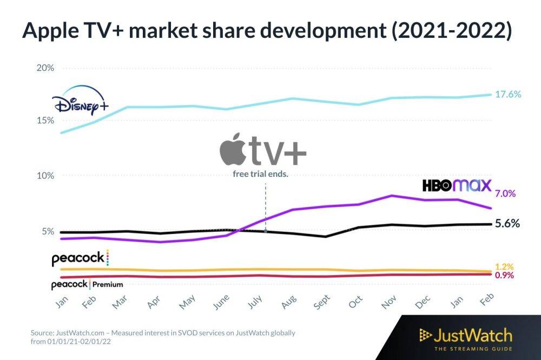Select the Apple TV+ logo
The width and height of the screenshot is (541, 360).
[263, 151]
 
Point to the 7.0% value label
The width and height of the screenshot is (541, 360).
[505, 193]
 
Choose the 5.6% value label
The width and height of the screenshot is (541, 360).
[507, 223]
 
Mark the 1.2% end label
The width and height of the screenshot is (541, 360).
[504, 266]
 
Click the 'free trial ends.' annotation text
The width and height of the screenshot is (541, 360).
[260, 174]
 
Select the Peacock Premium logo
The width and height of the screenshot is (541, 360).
[87, 284]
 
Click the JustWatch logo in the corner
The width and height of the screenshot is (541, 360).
[465, 338]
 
